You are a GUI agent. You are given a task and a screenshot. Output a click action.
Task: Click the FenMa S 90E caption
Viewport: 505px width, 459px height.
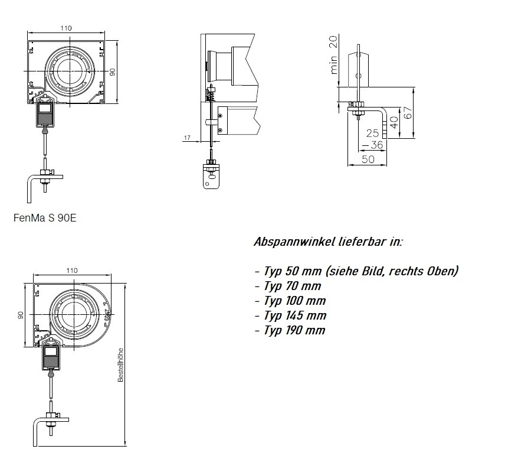45,217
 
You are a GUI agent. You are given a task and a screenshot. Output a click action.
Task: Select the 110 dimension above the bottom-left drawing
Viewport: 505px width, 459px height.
71,270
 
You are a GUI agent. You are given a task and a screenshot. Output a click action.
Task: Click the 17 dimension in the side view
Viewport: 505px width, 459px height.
187,138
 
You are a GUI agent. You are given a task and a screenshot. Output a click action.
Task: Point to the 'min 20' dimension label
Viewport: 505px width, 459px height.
335,54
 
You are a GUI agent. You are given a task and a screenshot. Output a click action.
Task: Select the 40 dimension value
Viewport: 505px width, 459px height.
394,125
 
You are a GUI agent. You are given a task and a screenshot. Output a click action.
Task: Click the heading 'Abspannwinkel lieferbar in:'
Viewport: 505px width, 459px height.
329,242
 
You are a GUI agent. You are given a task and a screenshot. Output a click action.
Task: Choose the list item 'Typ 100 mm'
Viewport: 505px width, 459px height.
290,301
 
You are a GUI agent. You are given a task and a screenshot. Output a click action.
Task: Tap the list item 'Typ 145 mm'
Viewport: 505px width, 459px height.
290,315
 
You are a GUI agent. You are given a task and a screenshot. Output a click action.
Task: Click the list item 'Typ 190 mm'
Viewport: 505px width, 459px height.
290,330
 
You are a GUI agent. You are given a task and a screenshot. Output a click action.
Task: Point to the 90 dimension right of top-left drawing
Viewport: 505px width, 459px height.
113,72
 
